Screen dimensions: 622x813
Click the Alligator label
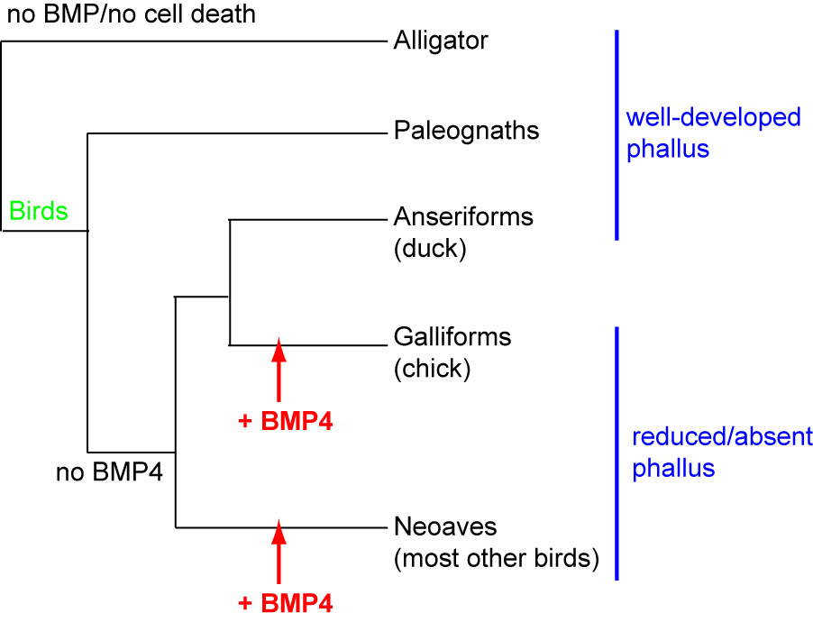pos(441,41)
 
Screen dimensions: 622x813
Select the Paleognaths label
pos(466,132)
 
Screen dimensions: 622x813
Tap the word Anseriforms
pos(463,217)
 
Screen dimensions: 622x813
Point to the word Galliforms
pos(452,337)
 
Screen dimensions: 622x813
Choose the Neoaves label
pos(445,526)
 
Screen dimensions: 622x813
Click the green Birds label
pos(39,212)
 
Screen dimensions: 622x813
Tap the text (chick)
pos(432,369)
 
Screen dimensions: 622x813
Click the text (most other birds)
pos(497,558)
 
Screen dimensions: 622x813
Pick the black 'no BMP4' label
pos(109,471)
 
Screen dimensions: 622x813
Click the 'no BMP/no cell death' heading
pos(131,14)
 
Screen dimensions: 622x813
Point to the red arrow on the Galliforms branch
pos(279,370)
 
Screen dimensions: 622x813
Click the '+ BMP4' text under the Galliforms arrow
pos(286,421)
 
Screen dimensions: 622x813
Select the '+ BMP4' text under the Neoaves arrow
pos(286,602)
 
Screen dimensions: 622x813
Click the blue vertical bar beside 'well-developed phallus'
pos(617,135)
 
